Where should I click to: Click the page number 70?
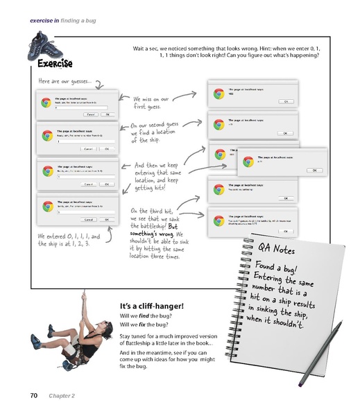coord(33,396)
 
